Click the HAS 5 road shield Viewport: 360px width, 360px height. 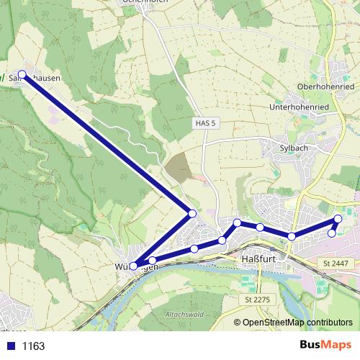205,123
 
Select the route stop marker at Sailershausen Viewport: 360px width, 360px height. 22,74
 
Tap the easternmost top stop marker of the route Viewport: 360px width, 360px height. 338,218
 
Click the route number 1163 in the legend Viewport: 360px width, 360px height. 33,346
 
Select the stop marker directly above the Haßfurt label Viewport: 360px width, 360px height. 260,228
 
